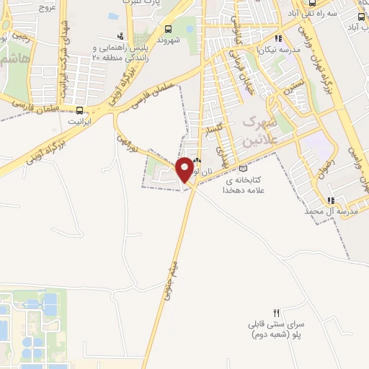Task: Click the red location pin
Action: pos(185,169)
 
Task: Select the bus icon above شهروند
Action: pos(169,30)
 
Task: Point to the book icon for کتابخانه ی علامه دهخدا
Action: pos(243,169)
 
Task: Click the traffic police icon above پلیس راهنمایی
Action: pos(120,35)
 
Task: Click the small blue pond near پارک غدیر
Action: pos(113,15)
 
